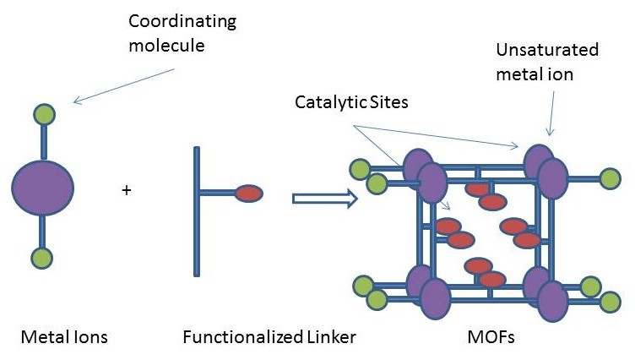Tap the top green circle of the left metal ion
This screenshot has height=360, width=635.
click(x=42, y=114)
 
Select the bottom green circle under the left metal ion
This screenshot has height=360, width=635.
click(x=42, y=258)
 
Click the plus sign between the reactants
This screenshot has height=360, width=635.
click(x=127, y=190)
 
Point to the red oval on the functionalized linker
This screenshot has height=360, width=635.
click(x=248, y=194)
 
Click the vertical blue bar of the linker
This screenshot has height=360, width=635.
click(x=197, y=211)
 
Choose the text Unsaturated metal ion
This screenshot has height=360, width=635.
click(x=546, y=62)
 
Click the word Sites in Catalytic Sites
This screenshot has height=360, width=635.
click(x=381, y=102)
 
